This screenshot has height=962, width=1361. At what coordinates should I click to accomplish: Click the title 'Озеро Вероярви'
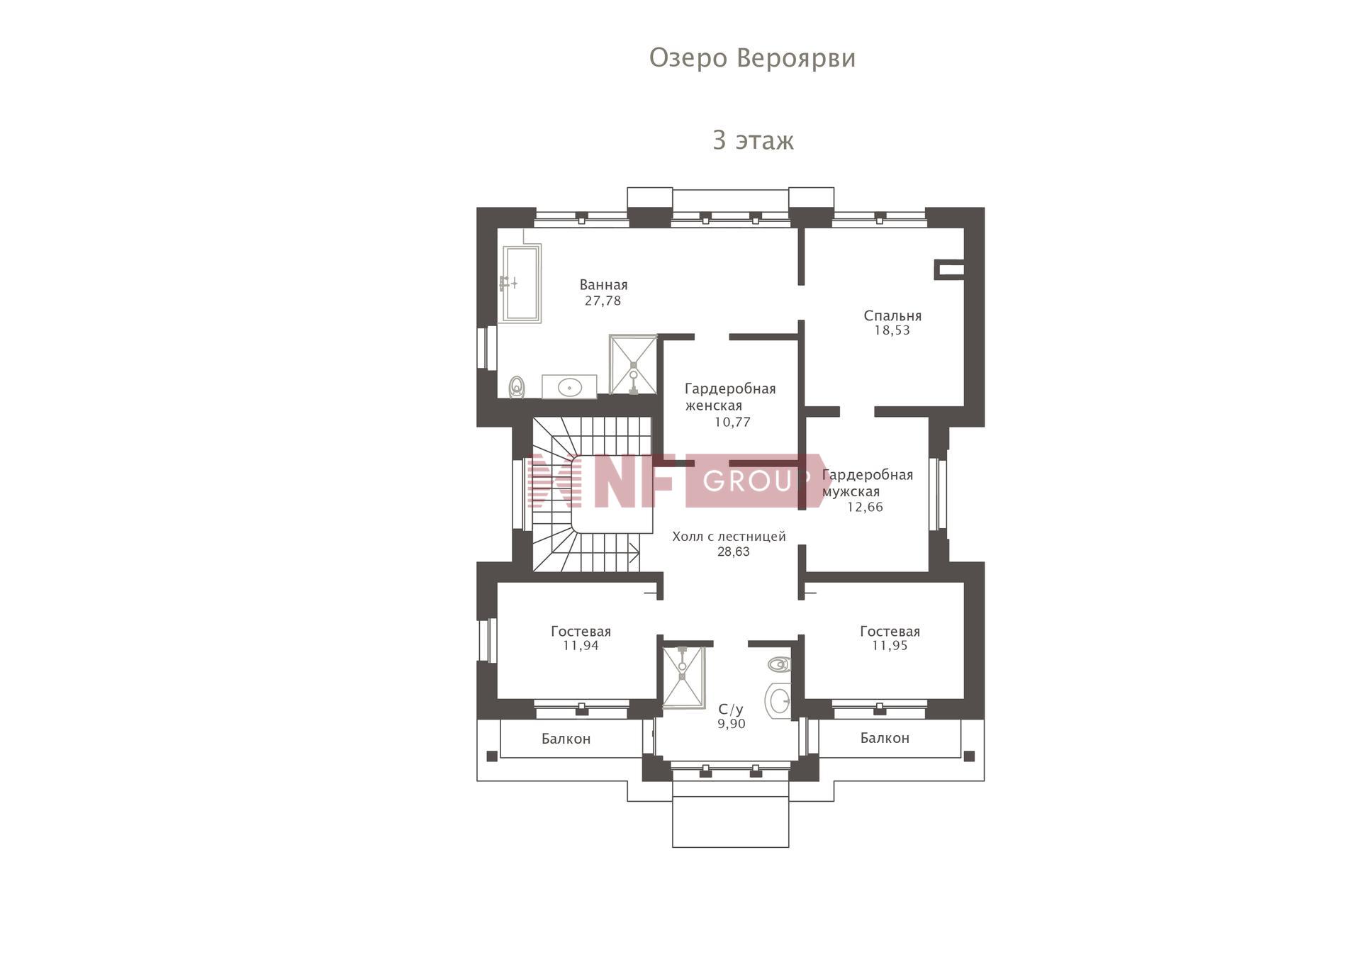752,58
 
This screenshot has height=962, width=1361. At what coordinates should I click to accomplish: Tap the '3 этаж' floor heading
753,140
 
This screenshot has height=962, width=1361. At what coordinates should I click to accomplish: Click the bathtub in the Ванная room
521,284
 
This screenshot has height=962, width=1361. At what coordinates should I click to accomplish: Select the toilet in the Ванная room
517,387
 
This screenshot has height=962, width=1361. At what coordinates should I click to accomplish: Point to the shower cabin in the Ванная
633,364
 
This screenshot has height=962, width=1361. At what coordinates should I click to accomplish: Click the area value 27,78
603,301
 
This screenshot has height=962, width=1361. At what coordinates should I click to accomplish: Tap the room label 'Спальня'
892,316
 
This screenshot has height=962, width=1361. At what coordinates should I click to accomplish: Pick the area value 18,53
892,330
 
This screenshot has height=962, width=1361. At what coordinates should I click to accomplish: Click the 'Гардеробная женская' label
730,397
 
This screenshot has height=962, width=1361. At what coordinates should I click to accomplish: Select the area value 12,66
865,507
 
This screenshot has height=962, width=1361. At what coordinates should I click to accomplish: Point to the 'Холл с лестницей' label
729,537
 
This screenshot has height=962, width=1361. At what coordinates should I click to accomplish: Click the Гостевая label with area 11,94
581,631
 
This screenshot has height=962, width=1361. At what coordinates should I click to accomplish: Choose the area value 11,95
890,646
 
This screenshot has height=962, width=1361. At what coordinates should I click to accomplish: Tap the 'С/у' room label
731,710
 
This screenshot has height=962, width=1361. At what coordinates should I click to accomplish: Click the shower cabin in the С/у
683,677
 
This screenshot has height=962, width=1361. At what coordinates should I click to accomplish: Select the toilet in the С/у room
778,665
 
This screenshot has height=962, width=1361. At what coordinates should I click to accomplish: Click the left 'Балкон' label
566,739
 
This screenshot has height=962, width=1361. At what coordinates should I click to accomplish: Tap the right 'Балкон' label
885,738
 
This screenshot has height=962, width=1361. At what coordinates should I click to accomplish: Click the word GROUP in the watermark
756,481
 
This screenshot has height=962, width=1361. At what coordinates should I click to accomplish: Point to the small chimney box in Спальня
950,269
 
